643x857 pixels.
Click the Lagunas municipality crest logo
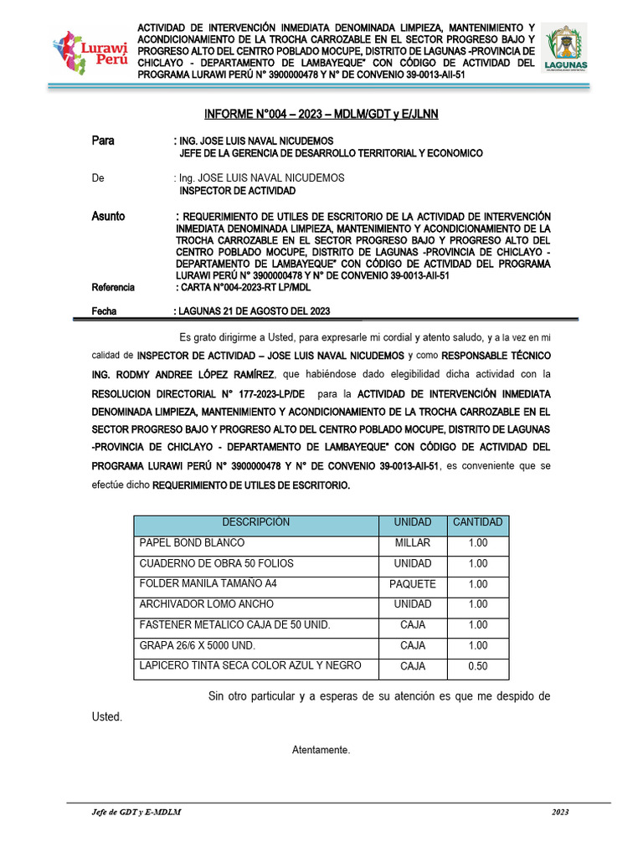pos(566,49)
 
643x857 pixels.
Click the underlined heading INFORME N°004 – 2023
pos(321,114)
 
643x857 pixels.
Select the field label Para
pos(102,141)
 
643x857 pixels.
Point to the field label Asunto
pos(108,216)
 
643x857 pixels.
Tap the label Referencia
pos(112,287)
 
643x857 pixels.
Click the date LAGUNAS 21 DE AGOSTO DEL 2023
pos(251,311)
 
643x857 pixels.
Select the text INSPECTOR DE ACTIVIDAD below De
pos(226,191)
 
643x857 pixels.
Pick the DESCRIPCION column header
pos(256,522)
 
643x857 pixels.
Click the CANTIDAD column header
pos(477,522)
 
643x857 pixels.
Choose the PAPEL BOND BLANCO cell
pos(192,543)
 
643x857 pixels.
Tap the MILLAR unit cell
pos(412,543)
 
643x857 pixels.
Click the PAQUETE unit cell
pos(412,584)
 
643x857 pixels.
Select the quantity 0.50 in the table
pos(477,666)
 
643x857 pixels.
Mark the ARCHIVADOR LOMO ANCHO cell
pos(206,604)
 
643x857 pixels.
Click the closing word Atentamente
pos(321,750)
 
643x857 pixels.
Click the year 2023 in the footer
pos(560,813)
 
